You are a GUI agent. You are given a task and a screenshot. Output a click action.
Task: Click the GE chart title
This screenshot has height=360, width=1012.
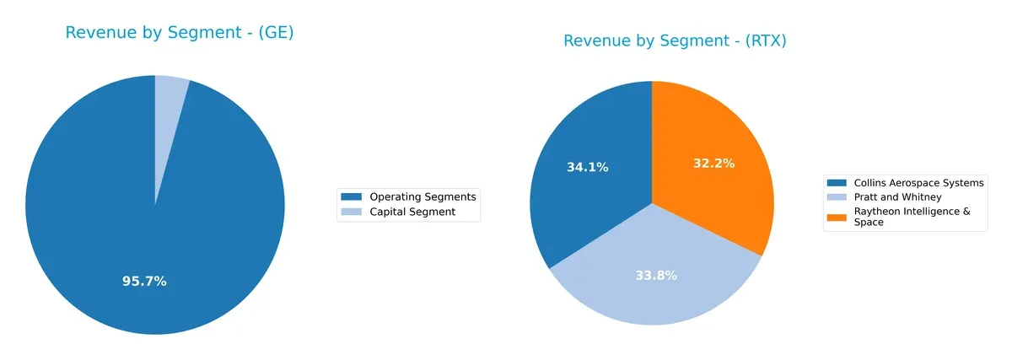pyautogui.click(x=179, y=34)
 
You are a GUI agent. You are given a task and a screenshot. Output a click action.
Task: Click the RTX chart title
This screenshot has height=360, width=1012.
pyautogui.click(x=675, y=41)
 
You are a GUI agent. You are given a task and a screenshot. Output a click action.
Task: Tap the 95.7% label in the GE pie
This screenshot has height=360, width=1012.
pyautogui.click(x=144, y=282)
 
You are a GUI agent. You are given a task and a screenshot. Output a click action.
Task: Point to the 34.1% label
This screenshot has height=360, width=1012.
pyautogui.click(x=587, y=168)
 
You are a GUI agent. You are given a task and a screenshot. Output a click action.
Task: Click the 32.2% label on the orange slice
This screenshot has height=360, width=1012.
pyautogui.click(x=713, y=164)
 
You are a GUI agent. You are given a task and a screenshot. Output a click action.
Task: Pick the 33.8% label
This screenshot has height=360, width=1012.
pyautogui.click(x=655, y=276)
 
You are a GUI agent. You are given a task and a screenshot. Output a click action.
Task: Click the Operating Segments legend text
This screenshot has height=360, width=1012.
pyautogui.click(x=423, y=196)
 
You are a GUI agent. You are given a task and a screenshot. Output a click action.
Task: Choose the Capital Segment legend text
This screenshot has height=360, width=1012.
pyautogui.click(x=412, y=212)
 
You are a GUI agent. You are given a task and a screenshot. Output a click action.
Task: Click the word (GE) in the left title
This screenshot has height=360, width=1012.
pyautogui.click(x=275, y=34)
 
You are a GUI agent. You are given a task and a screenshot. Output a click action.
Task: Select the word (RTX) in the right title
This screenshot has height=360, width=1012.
pyautogui.click(x=764, y=41)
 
